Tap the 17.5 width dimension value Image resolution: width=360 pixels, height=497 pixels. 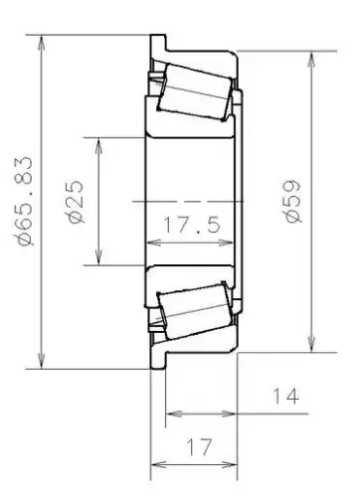[x=191, y=226]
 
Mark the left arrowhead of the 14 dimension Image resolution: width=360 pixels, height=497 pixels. [x=170, y=413]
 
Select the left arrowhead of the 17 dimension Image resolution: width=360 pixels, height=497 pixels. [x=155, y=463]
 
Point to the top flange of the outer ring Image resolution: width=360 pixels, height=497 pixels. [x=157, y=46]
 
